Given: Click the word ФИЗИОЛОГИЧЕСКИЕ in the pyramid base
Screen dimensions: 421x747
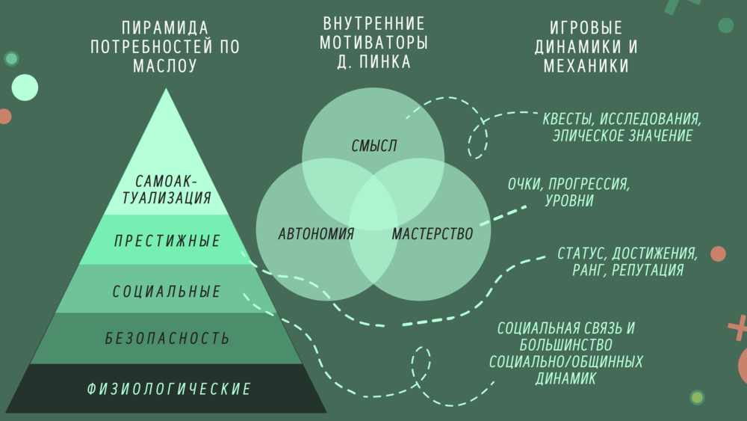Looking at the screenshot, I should coord(169,389).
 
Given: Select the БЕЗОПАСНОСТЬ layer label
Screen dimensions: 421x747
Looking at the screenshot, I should coord(167,339).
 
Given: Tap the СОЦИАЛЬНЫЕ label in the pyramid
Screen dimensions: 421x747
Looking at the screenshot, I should coord(167,292).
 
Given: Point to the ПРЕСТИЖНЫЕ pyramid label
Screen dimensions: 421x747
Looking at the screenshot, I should coord(167,242).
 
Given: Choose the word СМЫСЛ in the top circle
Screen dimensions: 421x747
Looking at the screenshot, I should coord(373,146).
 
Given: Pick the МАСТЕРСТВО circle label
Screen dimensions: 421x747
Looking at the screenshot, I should coord(433,234).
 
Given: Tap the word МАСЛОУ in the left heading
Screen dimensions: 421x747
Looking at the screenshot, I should coord(165,66).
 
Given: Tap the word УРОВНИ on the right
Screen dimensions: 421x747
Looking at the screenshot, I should coord(569,200).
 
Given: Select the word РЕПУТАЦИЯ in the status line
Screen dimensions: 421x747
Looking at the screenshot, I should coord(647,270).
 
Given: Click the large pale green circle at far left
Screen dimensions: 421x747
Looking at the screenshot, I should coord(24,88).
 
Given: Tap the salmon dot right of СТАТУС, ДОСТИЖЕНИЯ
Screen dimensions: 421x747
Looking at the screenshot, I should coord(718,253).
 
